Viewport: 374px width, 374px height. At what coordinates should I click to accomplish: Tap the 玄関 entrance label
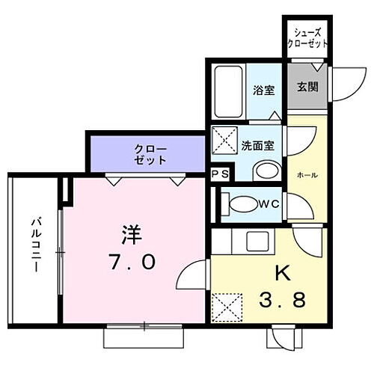click(x=307, y=87)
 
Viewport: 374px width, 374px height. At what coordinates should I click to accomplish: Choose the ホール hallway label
click(x=307, y=175)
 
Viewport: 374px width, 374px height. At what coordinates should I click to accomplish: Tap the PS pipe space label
click(x=220, y=174)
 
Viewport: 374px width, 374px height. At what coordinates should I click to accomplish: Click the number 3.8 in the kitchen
click(x=283, y=302)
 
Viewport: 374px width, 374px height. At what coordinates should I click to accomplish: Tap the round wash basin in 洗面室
click(x=263, y=171)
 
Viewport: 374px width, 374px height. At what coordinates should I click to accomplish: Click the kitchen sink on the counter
click(x=259, y=242)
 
